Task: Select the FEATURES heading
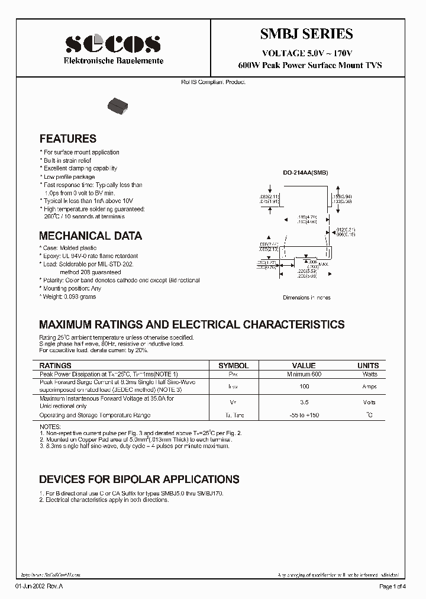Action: [x=67, y=139]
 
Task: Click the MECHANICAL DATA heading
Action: [x=91, y=236]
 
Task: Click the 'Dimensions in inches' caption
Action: [x=306, y=298]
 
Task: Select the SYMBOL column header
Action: [x=234, y=366]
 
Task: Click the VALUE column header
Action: [x=304, y=366]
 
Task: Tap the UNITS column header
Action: [x=368, y=366]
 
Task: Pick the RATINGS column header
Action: [x=55, y=366]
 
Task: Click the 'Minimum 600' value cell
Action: [x=304, y=374]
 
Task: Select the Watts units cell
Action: [x=370, y=374]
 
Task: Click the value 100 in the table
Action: [x=304, y=386]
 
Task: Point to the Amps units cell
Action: [x=370, y=386]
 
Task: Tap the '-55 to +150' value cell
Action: [x=304, y=416]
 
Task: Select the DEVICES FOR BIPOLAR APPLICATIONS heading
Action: [x=139, y=479]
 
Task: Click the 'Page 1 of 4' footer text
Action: [x=393, y=586]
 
